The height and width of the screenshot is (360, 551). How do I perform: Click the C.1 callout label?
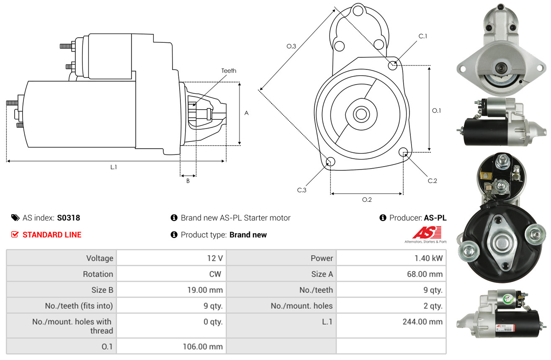pos(423,36)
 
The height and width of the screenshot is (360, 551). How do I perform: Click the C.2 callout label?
pos(432,181)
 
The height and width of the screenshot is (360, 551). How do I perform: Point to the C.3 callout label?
pos(302,190)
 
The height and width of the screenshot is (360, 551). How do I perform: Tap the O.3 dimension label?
pos(291,46)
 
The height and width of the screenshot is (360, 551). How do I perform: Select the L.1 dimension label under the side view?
pos(114,167)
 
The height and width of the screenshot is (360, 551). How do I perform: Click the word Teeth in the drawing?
pos(229,71)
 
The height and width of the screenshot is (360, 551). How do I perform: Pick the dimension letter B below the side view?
pos(188,181)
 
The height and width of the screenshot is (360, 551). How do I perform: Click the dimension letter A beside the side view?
pos(247,113)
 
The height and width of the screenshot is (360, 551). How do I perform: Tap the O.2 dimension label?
pos(367,200)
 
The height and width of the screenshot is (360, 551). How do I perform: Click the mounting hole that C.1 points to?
pos(393,65)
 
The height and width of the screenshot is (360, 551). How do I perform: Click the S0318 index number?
pos(69,218)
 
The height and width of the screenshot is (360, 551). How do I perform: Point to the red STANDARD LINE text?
pos(52,235)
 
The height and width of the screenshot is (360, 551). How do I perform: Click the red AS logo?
pos(427,233)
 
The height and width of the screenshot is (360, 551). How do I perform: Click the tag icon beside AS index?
pos(15,218)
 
